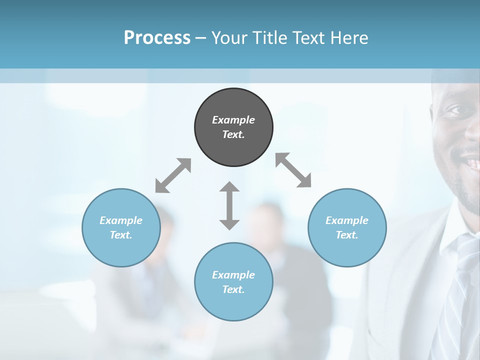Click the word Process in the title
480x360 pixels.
pyautogui.click(x=157, y=38)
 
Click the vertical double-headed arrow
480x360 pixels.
pyautogui.click(x=229, y=205)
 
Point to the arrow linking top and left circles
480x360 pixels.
pyautogui.click(x=173, y=175)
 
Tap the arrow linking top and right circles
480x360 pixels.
pyautogui.click(x=293, y=170)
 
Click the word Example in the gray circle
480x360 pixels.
pyautogui.click(x=233, y=120)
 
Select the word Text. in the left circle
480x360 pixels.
pyautogui.click(x=121, y=235)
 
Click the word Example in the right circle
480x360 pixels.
pyautogui.click(x=347, y=220)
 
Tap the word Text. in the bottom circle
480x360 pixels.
pyautogui.click(x=233, y=289)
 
